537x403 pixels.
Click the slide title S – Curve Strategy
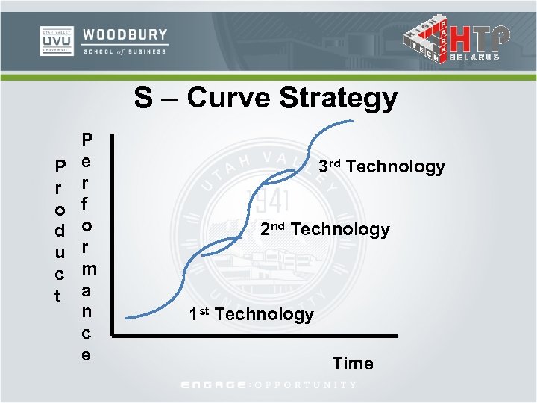click(266, 98)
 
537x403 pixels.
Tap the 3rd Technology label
click(381, 166)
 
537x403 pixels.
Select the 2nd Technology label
click(324, 229)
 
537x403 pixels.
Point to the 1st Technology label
click(251, 314)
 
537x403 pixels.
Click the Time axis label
click(353, 363)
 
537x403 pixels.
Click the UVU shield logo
click(56, 41)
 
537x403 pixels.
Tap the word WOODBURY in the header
click(125, 35)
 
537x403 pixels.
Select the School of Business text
click(125, 51)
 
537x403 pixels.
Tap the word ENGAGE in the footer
click(213, 384)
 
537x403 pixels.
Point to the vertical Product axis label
click(59, 230)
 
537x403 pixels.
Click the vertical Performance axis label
click(87, 246)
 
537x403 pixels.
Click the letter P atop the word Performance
click(87, 140)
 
